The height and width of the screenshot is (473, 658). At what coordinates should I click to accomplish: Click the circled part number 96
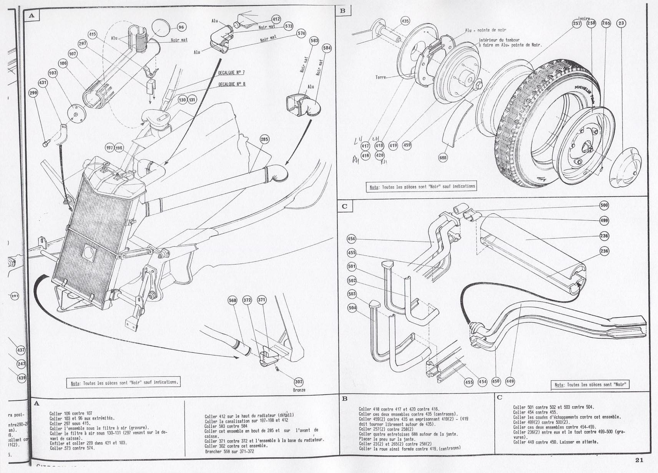pyautogui.click(x=181, y=27)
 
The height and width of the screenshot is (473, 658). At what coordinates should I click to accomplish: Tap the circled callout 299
pyautogui.click(x=33, y=93)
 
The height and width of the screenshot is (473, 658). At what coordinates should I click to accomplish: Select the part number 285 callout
pyautogui.click(x=264, y=139)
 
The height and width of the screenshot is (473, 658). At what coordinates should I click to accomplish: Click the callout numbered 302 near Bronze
pyautogui.click(x=299, y=382)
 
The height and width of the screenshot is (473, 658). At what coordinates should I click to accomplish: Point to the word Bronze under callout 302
pyautogui.click(x=299, y=390)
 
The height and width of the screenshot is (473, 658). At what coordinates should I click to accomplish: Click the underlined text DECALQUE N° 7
pyautogui.click(x=231, y=73)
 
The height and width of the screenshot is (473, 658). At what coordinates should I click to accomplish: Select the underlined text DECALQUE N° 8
pyautogui.click(x=232, y=84)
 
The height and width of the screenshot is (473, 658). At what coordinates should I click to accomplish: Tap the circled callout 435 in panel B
pyautogui.click(x=405, y=21)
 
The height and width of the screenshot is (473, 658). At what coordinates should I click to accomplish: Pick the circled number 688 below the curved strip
pyautogui.click(x=443, y=157)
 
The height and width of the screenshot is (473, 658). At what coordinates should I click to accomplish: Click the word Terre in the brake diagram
pyautogui.click(x=381, y=77)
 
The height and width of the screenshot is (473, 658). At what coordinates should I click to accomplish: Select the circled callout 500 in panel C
pyautogui.click(x=604, y=205)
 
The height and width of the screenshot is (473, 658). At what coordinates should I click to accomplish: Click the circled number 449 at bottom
pyautogui.click(x=510, y=381)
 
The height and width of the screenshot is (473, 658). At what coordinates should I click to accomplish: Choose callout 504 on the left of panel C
pyautogui.click(x=352, y=308)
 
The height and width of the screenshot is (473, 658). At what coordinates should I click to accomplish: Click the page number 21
pyautogui.click(x=639, y=460)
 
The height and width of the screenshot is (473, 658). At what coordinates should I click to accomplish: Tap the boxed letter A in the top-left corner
pyautogui.click(x=32, y=16)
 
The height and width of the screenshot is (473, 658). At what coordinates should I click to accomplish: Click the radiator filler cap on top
pyautogui.click(x=105, y=165)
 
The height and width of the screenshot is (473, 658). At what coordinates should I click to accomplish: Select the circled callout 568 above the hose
pyautogui.click(x=233, y=300)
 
